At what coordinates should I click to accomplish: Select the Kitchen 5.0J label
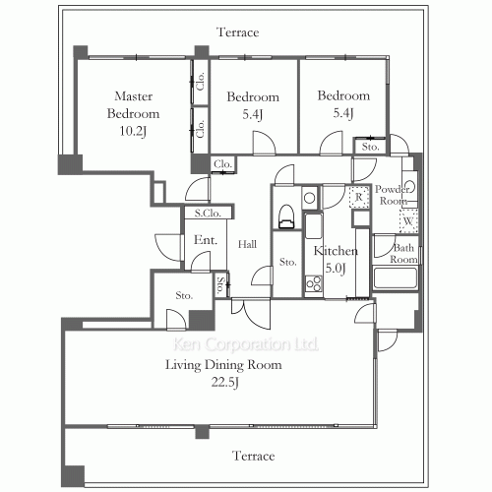click(x=334, y=259)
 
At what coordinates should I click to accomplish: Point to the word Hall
click(x=248, y=245)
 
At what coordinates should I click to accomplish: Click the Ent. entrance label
click(x=205, y=240)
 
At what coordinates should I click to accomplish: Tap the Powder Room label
click(x=394, y=194)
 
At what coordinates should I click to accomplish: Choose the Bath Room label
click(x=404, y=254)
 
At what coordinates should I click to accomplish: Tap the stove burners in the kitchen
click(x=313, y=284)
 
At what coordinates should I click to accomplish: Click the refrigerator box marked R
click(x=360, y=197)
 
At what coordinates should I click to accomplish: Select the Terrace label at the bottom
click(x=253, y=457)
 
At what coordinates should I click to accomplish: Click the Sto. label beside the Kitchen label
click(x=287, y=263)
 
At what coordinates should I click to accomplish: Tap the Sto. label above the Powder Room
click(x=370, y=147)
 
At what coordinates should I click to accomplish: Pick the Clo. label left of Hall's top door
click(x=221, y=163)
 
